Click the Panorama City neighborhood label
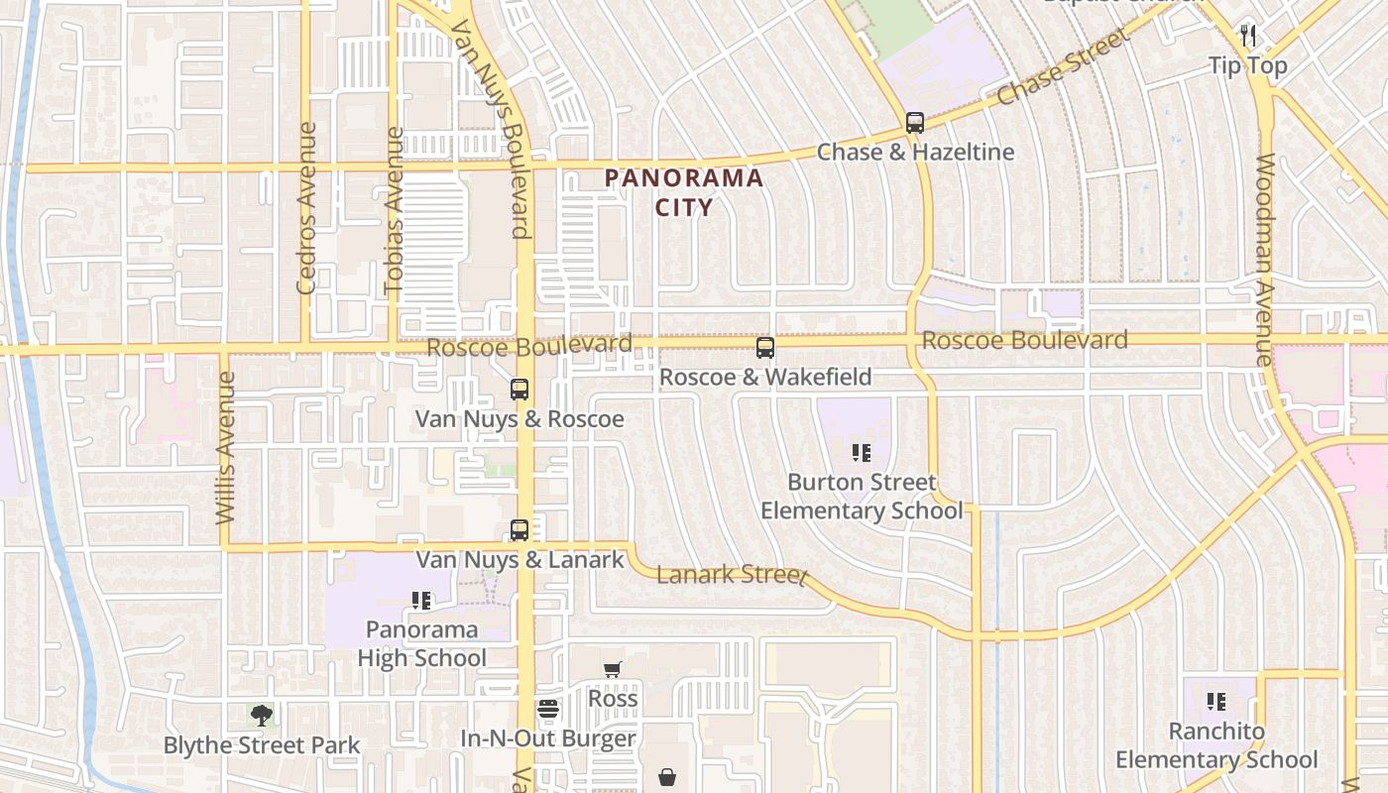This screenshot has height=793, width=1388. (684, 192)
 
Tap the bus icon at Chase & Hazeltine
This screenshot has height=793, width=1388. (915, 123)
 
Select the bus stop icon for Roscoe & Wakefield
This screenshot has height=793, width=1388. (765, 348)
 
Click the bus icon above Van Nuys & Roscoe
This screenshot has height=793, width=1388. (520, 390)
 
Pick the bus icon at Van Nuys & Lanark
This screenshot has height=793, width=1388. (520, 530)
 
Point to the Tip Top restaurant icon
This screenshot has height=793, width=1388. (1248, 36)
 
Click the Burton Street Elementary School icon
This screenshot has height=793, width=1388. (862, 453)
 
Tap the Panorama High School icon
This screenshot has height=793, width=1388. (421, 601)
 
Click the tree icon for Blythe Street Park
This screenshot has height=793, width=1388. (261, 715)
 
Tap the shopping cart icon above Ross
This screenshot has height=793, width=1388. (612, 670)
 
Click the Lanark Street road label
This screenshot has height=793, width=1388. (732, 575)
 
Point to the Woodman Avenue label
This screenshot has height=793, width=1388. (1265, 260)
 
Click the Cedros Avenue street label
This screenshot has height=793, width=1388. (306, 208)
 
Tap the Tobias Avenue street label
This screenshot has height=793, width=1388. (395, 212)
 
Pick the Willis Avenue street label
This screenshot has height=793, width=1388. (226, 448)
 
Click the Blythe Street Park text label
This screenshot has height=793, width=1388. (262, 745)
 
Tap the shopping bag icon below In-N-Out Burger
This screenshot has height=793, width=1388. (668, 776)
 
